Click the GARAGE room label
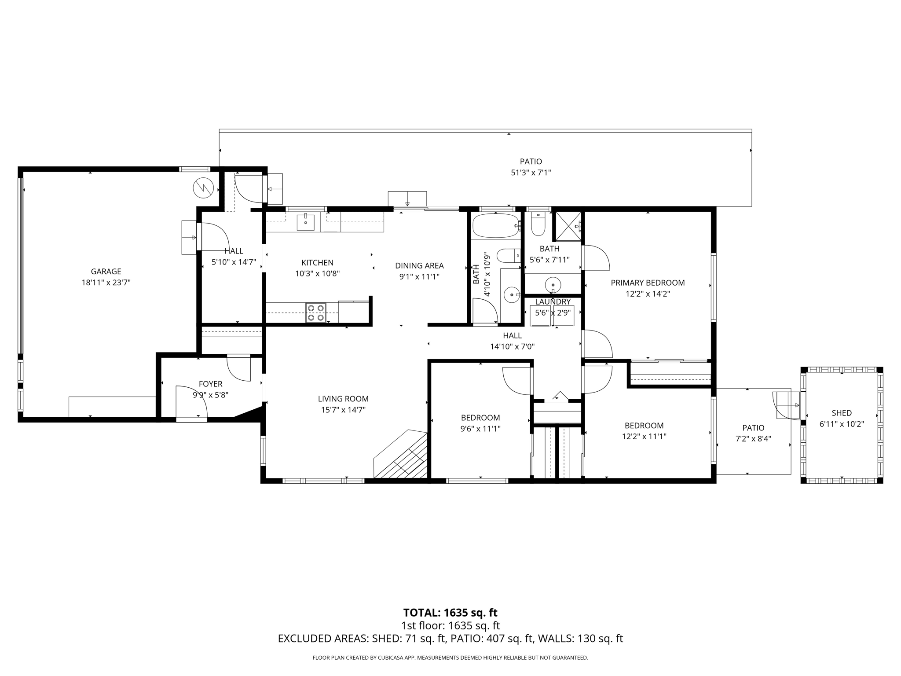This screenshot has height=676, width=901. point(106,272)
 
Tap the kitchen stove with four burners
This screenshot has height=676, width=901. point(316,313)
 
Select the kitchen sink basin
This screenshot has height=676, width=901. point(305,222)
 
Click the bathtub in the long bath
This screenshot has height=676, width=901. point(495,226)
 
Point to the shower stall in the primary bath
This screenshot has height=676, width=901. point(568,226)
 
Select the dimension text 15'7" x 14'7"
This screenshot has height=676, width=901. point(343,410)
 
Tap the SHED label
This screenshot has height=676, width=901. point(842,413)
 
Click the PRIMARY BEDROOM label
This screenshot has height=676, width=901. point(648,283)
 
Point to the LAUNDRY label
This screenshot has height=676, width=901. point(553,302)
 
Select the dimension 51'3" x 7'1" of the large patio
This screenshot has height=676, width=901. point(531,173)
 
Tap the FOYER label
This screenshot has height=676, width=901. point(210,384)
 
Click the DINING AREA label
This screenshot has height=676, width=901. point(419,265)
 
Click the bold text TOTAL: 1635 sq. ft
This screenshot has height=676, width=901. point(450,613)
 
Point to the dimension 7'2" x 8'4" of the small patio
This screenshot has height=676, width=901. point(753,439)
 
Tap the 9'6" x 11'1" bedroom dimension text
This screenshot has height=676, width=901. point(480,429)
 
